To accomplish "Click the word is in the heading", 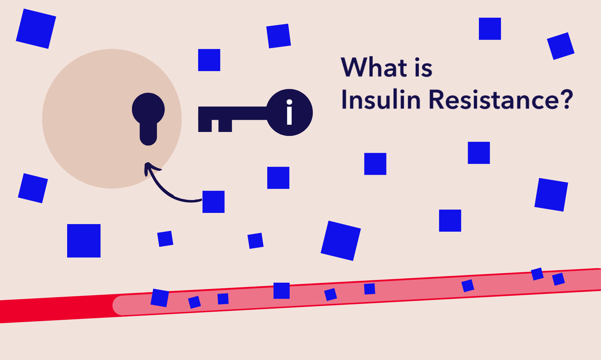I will (423, 68).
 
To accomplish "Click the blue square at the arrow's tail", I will (213, 202).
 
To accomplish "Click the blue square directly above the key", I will (209, 60).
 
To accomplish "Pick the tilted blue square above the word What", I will (278, 36).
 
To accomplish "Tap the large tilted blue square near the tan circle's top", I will (36, 29).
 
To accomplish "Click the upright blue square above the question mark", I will (490, 29).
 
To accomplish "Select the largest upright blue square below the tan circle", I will (84, 241).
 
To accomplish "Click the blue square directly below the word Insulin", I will (375, 164).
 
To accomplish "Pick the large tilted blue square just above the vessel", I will (341, 241).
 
